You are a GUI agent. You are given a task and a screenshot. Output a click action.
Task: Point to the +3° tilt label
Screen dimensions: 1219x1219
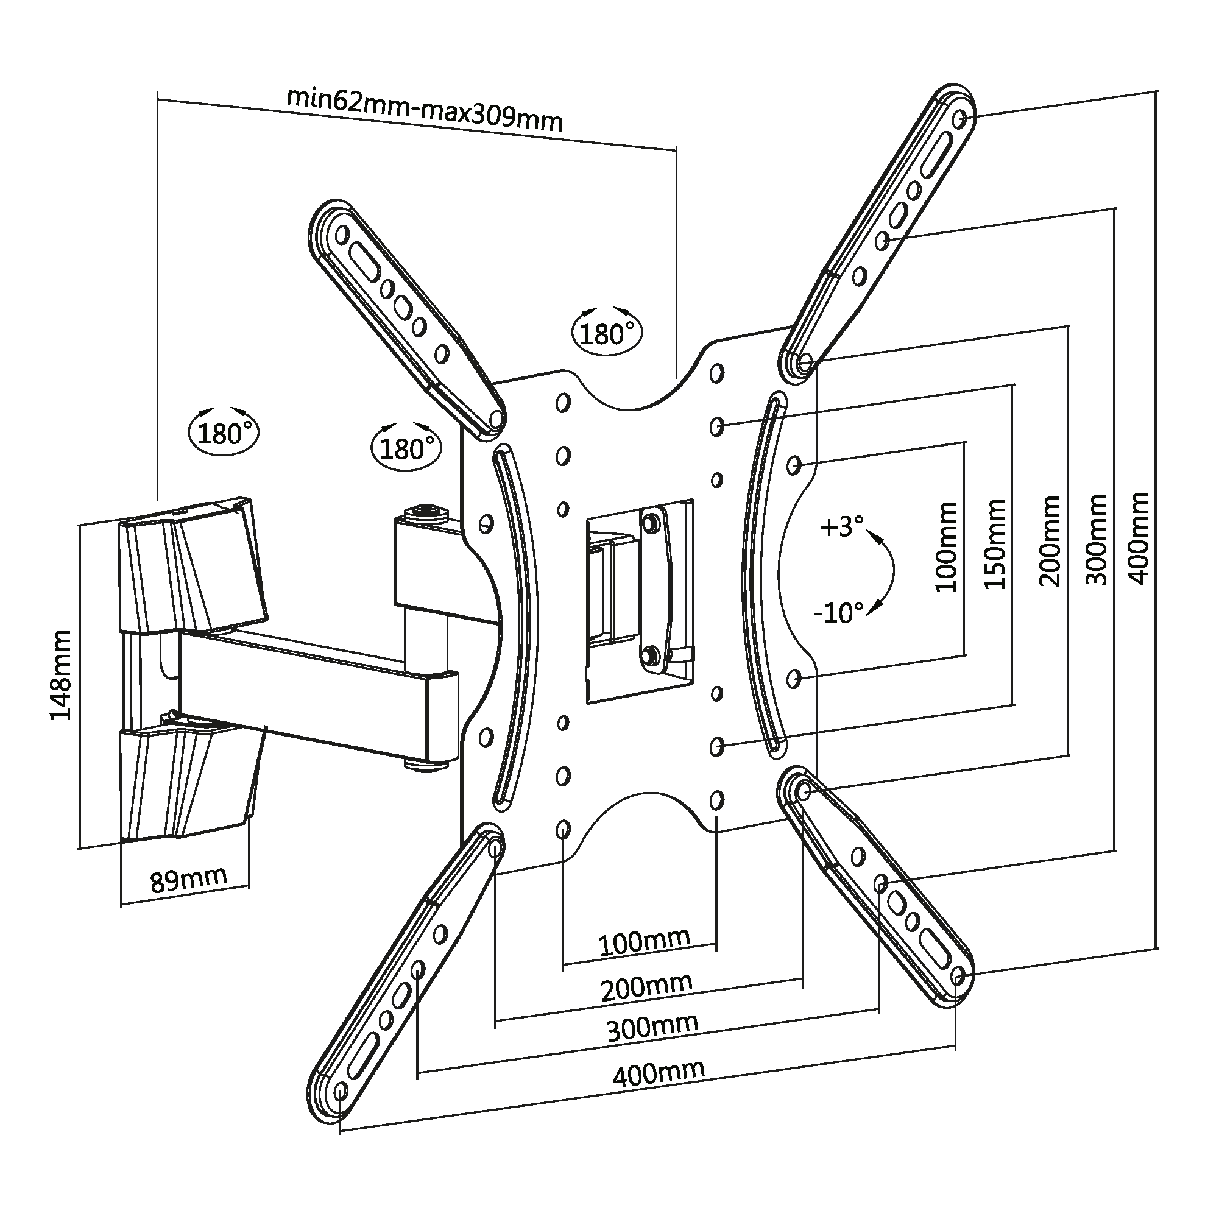coord(842,526)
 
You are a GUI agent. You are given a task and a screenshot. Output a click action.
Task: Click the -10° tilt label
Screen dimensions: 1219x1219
coord(838,612)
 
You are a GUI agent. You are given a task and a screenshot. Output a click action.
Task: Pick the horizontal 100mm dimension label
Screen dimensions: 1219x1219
coord(643,942)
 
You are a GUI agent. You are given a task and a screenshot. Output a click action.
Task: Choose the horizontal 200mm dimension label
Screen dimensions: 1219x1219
coord(647,988)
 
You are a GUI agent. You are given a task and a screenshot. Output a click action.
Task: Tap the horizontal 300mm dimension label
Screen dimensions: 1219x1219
coord(652,1028)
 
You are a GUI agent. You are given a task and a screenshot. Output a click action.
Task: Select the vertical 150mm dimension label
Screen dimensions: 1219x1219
coord(995,544)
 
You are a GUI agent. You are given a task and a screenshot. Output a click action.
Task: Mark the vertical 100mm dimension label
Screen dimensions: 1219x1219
coord(946,547)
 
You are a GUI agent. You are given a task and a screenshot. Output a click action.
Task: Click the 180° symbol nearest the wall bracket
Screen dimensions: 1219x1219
coord(224,434)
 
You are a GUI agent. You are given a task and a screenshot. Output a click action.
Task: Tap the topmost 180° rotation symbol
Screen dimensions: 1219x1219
coord(606,333)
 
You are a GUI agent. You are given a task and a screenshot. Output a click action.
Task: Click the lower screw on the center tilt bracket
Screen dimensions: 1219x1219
coord(649,653)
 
